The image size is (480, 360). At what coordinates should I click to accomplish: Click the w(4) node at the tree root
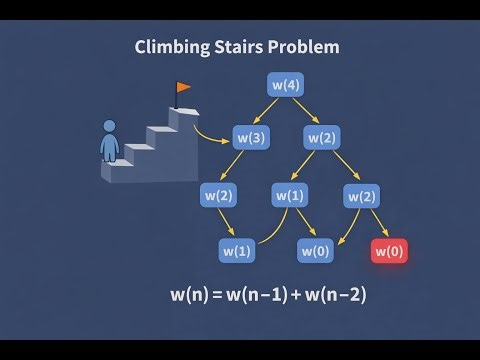pyautogui.click(x=285, y=85)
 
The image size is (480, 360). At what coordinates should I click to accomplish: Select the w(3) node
pyautogui.click(x=251, y=135)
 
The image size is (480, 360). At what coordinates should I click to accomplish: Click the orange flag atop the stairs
pyautogui.click(x=182, y=89)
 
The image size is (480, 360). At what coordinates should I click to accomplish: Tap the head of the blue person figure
pyautogui.click(x=110, y=127)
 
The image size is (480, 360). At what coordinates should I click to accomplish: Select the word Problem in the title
pyautogui.click(x=304, y=46)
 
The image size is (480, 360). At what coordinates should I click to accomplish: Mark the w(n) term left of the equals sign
pyautogui.click(x=189, y=296)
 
